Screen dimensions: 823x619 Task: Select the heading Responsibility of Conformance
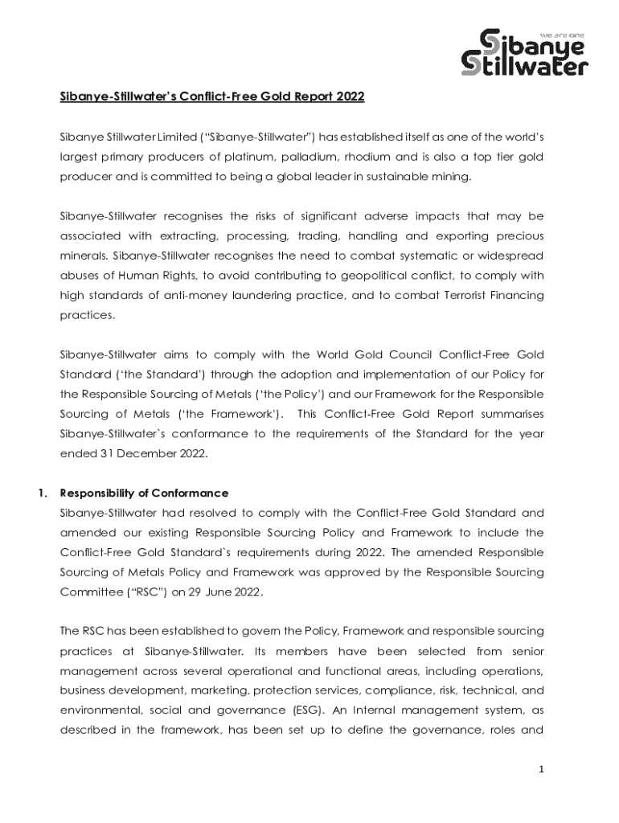pyautogui.click(x=144, y=493)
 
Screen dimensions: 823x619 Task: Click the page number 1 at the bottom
pyautogui.click(x=542, y=769)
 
